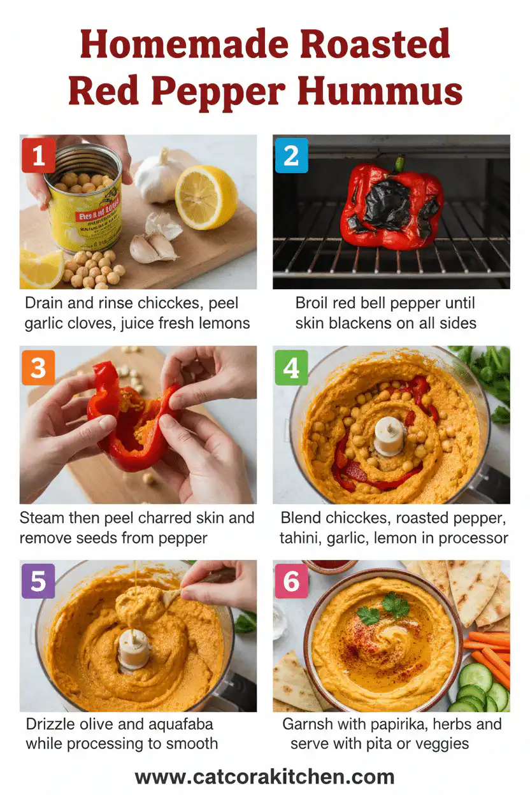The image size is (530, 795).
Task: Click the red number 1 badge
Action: [x=38, y=155]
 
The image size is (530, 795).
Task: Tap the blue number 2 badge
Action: [x=292, y=155]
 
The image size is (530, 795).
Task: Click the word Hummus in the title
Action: [x=380, y=91]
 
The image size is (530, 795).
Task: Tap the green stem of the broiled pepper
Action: [x=399, y=164]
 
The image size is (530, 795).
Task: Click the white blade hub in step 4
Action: [x=389, y=436]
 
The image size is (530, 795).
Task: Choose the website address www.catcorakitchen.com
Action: [x=264, y=777]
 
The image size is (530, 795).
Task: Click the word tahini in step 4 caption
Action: [x=301, y=538]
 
